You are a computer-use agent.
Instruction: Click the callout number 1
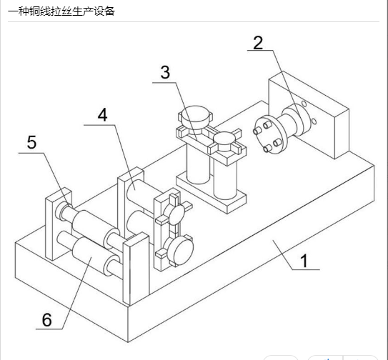pyautogui.click(x=304, y=261)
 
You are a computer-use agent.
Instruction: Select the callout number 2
pyautogui.click(x=258, y=43)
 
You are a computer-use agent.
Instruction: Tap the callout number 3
pyautogui.click(x=165, y=72)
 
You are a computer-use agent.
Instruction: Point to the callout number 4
pyautogui.click(x=102, y=115)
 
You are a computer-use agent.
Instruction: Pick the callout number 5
pyautogui.click(x=31, y=142)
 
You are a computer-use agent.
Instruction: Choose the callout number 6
pyautogui.click(x=46, y=320)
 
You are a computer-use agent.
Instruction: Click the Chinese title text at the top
pyautogui.click(x=61, y=11)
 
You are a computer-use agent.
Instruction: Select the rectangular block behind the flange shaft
pyautogui.click(x=309, y=114)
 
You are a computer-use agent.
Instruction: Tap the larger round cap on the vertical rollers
pyautogui.click(x=196, y=116)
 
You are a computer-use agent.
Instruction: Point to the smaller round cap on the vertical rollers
pyautogui.click(x=224, y=140)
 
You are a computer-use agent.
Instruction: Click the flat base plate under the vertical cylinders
pyautogui.click(x=211, y=192)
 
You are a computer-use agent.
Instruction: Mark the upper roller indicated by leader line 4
pyautogui.click(x=142, y=195)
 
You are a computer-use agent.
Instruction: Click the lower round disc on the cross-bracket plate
pyautogui.click(x=180, y=251)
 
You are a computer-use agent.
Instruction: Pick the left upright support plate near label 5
pyautogui.click(x=59, y=224)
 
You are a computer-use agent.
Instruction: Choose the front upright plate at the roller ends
pyautogui.click(x=136, y=269)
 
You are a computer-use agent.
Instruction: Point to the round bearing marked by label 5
pyautogui.click(x=62, y=211)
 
